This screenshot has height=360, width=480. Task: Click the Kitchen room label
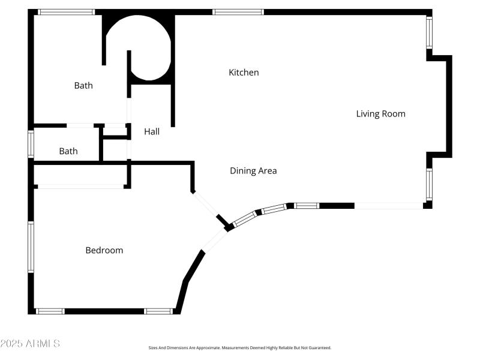click(244, 73)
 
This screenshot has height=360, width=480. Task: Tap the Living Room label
click(380, 113)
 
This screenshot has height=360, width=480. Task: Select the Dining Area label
click(253, 171)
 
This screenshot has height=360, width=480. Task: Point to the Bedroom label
click(104, 250)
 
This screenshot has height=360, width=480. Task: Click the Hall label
click(152, 131)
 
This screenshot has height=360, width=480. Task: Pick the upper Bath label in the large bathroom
click(83, 86)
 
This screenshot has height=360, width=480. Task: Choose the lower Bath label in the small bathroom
click(68, 151)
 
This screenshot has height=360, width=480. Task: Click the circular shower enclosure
click(139, 47)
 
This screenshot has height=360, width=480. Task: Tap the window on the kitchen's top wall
click(238, 11)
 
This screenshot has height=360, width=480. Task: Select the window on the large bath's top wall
click(67, 11)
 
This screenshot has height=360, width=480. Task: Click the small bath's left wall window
click(31, 144)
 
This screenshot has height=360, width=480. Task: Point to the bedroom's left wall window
click(31, 247)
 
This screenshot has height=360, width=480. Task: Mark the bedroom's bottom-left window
click(50, 311)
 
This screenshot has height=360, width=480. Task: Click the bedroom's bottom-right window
click(158, 311)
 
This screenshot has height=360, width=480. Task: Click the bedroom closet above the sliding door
click(80, 175)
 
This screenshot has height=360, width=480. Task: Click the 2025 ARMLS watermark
click(30, 344)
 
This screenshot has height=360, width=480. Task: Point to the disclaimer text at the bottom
click(240, 347)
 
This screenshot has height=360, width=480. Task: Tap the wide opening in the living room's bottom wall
click(389, 206)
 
